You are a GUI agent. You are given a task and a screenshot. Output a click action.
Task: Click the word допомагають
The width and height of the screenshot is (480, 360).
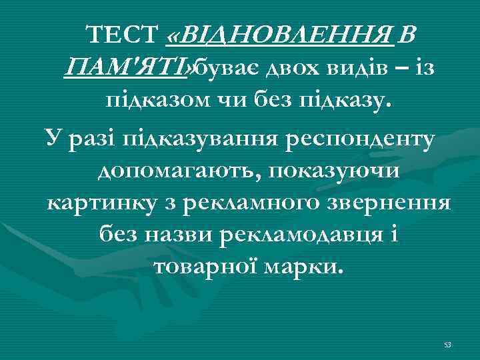pos(173,171)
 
